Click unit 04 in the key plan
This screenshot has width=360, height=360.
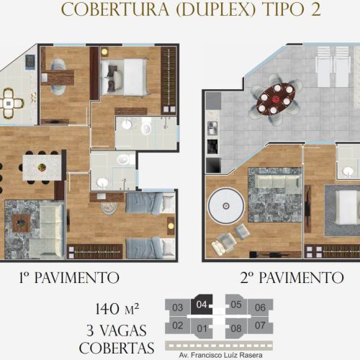pos(201,305)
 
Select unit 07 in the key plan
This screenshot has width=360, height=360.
pos(260,325)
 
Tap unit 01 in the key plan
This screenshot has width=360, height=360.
pos(202,328)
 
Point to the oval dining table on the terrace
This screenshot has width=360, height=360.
pos(276,99)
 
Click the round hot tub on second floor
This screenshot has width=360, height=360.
pos(226,206)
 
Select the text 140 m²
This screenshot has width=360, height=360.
pos(117,309)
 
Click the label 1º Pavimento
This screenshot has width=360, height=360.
pos(69,278)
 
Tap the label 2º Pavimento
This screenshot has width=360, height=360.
pos(292,278)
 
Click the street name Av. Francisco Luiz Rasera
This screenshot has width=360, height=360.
pos(220,355)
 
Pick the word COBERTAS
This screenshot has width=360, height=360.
pos(117,348)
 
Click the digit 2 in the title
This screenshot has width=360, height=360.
pos(315,9)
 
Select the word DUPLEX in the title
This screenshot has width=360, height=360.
pos(215,9)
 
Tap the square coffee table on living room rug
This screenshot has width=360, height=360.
pos(21,223)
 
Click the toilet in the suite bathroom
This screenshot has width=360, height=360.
pos(146,128)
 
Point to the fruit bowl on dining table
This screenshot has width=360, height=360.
pos(42,167)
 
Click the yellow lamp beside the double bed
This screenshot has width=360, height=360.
pos(104,52)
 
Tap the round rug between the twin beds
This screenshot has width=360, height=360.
pos(109,207)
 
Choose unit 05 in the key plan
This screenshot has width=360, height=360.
pos(235,305)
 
